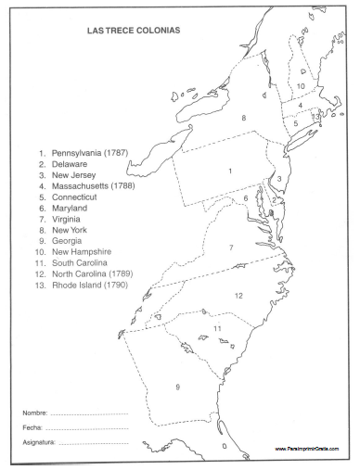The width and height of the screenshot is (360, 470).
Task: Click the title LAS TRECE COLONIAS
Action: pos(121,31)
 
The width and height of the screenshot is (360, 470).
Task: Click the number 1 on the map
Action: pos(229,171)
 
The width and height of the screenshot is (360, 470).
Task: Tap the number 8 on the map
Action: pos(243,118)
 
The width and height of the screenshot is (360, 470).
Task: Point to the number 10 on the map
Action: pos(301,86)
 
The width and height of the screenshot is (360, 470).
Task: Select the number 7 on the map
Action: pos(231,248)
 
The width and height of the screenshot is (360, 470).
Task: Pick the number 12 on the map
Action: pos(238,296)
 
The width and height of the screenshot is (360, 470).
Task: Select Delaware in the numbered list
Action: pos(71,162)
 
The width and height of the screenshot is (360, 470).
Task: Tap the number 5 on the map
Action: pos(295,122)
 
